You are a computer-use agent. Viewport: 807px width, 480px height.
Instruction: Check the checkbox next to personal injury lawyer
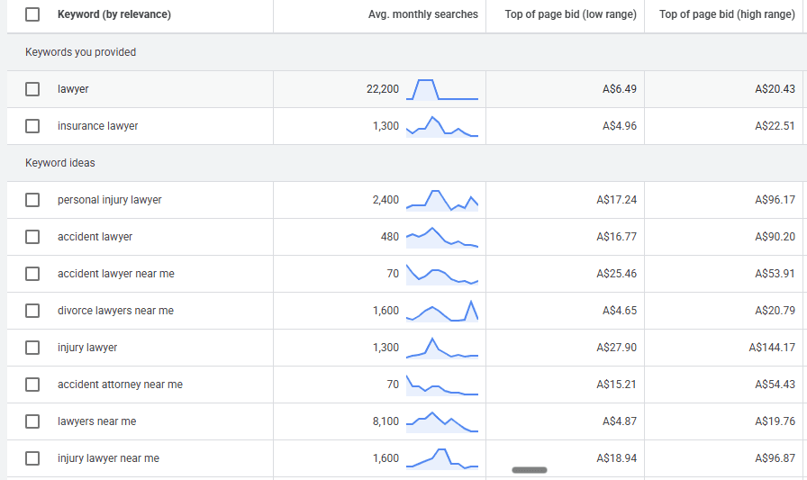(32, 200)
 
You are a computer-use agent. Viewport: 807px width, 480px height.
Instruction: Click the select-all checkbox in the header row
(32, 14)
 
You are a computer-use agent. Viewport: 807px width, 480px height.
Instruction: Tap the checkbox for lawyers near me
(32, 421)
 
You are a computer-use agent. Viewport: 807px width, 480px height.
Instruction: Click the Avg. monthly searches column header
(423, 14)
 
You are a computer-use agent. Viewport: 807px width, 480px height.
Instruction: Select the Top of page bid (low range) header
(570, 14)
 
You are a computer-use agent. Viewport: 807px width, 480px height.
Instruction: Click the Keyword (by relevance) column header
(113, 14)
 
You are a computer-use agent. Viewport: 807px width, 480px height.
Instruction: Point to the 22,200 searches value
(383, 89)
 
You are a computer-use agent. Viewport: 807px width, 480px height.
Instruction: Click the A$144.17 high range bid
(772, 348)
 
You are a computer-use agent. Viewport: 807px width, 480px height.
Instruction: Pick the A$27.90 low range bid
(618, 348)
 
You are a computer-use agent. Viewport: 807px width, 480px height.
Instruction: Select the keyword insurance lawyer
(97, 126)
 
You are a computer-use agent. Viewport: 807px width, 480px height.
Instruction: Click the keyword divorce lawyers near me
(115, 311)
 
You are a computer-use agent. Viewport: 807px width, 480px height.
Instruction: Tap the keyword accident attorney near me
(120, 385)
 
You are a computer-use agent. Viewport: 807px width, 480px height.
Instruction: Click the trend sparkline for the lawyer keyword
(442, 89)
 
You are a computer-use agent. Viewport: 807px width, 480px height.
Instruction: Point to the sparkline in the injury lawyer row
(442, 349)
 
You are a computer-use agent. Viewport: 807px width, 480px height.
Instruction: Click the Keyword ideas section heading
(60, 163)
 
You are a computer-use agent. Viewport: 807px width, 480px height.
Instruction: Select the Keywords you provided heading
(80, 52)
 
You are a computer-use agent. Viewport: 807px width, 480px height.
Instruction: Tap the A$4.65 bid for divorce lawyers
(620, 311)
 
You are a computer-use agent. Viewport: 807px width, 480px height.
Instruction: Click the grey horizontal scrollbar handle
(530, 469)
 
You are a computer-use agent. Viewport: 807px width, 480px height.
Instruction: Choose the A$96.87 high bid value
(775, 458)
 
